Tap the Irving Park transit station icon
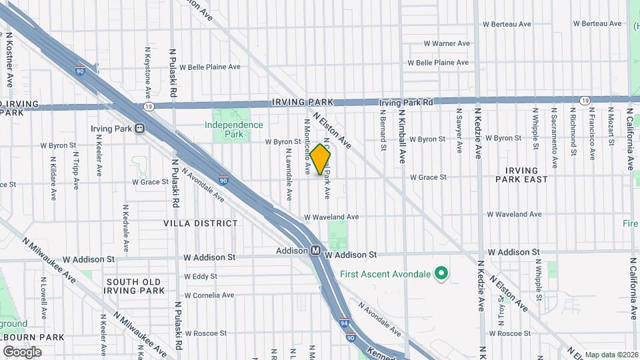(140, 129)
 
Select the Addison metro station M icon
(317, 251)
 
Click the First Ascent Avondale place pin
(441, 273)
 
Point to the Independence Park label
(233, 129)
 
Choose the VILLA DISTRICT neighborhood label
(200, 223)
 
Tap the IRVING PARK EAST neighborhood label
(526, 175)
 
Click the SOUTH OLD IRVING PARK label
(135, 286)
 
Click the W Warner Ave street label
(447, 43)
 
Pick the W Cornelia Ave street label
(209, 295)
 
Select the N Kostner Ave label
(10, 61)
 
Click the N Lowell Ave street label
(43, 302)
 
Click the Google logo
(22, 352)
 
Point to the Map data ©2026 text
(611, 355)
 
